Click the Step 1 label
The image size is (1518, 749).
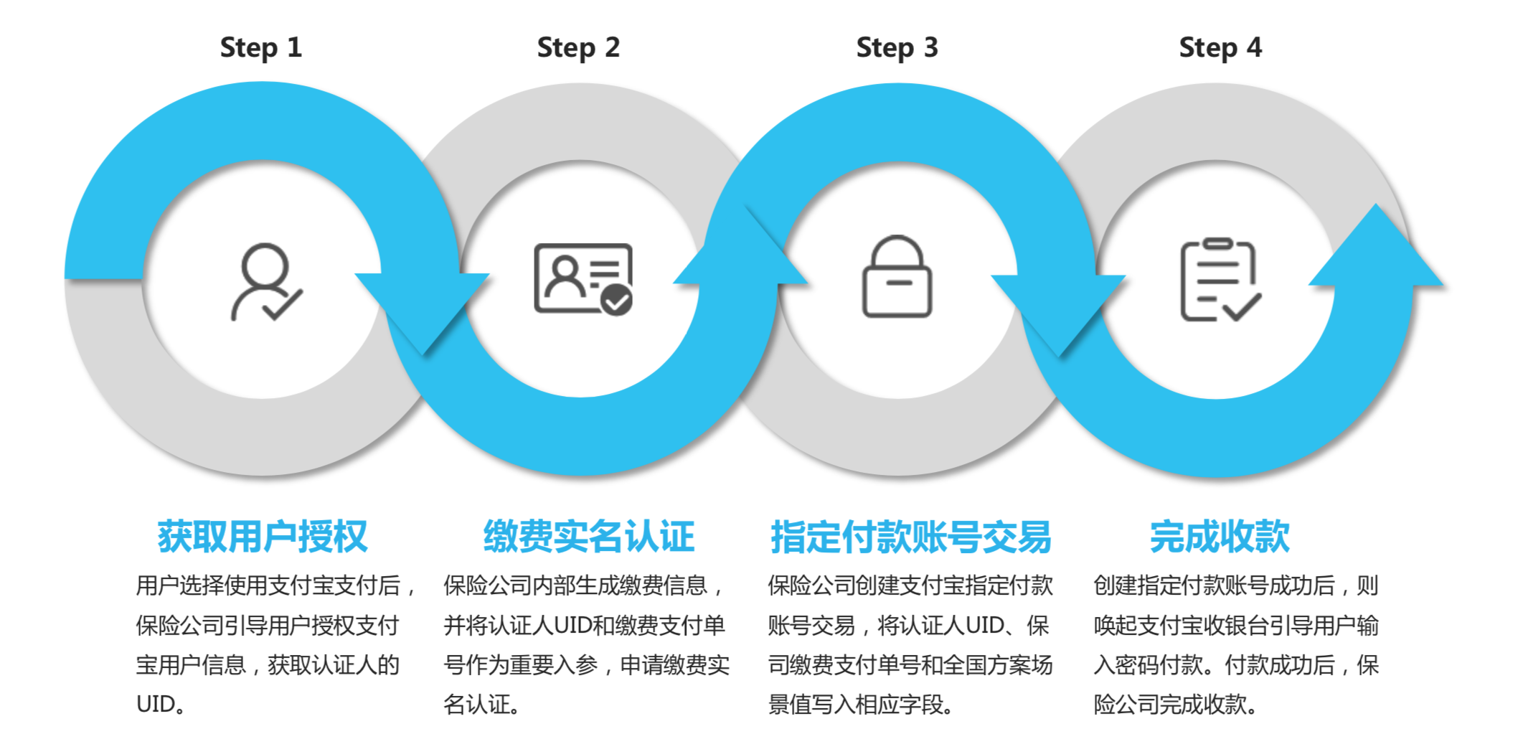(x=260, y=48)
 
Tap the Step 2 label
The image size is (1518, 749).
(x=578, y=48)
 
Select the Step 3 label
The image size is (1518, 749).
(x=897, y=48)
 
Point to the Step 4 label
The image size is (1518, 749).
(x=1220, y=48)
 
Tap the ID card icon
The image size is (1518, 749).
(x=583, y=279)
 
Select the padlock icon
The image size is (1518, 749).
(x=897, y=277)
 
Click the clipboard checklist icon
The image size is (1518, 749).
(x=1220, y=280)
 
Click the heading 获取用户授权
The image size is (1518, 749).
(x=263, y=537)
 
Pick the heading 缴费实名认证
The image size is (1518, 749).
(x=589, y=537)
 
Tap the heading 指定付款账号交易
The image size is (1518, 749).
(x=910, y=537)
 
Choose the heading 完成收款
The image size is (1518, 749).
(x=1220, y=537)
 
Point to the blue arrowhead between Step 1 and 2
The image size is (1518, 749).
(x=423, y=308)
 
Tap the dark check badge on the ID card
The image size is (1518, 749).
(x=616, y=300)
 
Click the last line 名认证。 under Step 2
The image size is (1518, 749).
(x=481, y=705)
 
